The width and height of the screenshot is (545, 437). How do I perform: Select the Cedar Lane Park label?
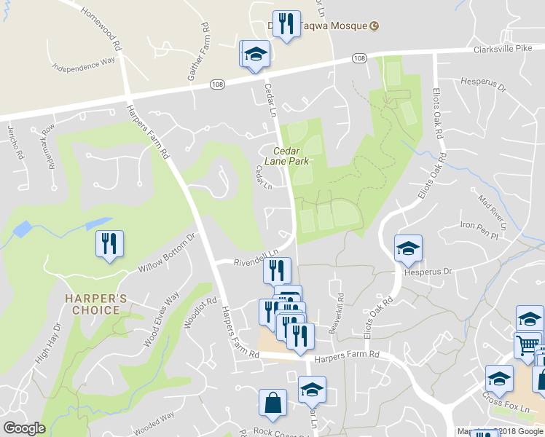291,155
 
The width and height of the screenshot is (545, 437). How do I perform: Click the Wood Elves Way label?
162,319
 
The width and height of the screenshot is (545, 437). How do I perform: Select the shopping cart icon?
527,345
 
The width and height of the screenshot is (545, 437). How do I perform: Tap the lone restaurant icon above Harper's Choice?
110,243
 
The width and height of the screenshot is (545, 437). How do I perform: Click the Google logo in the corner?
25,428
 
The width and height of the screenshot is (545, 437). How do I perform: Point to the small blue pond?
22,229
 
